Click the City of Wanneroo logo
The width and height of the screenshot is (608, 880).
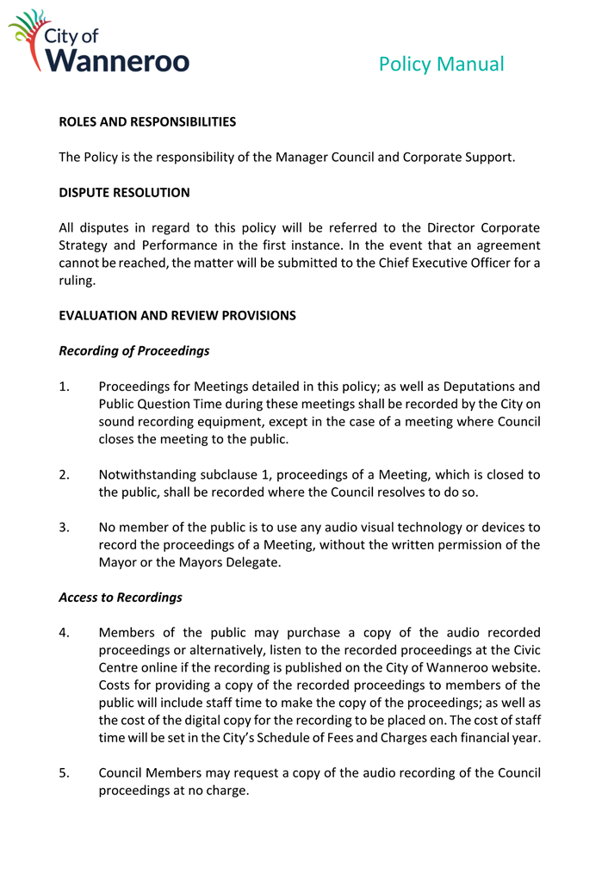pyautogui.click(x=99, y=41)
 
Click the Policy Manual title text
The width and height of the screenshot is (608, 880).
pyautogui.click(x=441, y=64)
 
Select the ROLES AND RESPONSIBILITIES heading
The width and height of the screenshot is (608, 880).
pyautogui.click(x=147, y=122)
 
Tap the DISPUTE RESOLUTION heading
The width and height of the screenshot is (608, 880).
pyautogui.click(x=124, y=193)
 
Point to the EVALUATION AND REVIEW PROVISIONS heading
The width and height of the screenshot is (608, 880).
pyautogui.click(x=177, y=315)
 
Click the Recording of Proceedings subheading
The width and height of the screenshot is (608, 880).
pyautogui.click(x=134, y=351)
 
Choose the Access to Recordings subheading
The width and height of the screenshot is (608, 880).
pyautogui.click(x=121, y=598)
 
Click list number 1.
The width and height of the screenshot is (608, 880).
pyautogui.click(x=65, y=387)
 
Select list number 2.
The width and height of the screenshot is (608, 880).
pyautogui.click(x=65, y=474)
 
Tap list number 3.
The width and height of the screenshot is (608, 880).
pyautogui.click(x=65, y=527)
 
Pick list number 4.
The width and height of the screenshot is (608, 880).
pyautogui.click(x=65, y=633)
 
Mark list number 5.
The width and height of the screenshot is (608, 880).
pyautogui.click(x=65, y=772)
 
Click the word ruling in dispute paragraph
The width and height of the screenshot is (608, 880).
pyautogui.click(x=78, y=281)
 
